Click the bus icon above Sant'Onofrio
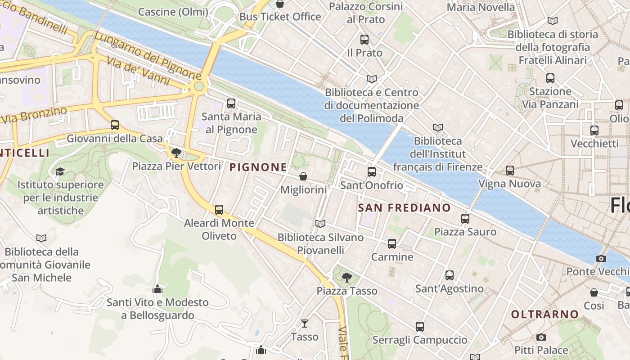click(372, 171)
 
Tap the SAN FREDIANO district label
click(404, 207)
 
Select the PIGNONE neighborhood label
click(258, 167)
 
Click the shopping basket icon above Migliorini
click(303, 176)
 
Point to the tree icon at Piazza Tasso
click(346, 277)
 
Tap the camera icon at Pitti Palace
click(541, 337)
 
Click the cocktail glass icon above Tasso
click(305, 323)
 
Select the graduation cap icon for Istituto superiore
click(60, 171)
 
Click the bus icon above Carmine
click(392, 244)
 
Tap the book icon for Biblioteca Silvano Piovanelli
click(320, 224)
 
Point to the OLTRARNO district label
click(544, 314)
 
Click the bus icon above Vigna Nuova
click(509, 171)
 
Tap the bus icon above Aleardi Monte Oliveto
click(219, 210)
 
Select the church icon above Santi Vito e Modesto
click(157, 289)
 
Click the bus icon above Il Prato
click(364, 40)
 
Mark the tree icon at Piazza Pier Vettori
click(176, 153)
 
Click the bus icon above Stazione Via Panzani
click(550, 78)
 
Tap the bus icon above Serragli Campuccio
click(420, 327)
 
